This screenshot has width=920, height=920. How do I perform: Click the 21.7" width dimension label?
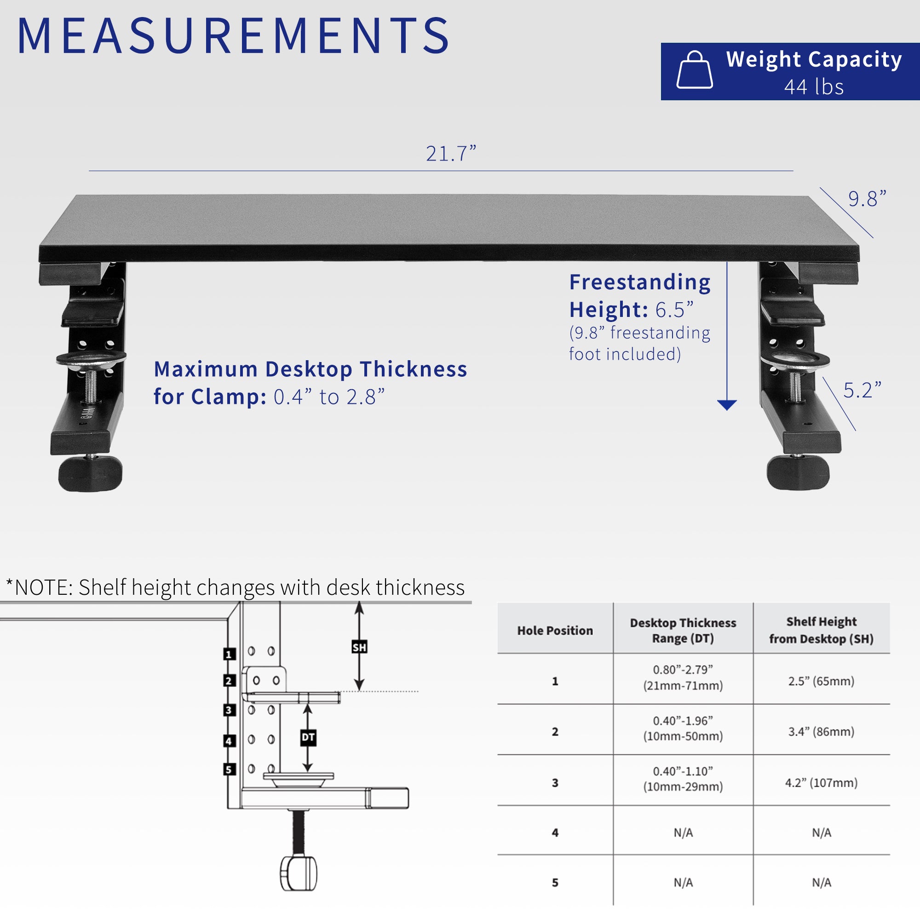click(450, 154)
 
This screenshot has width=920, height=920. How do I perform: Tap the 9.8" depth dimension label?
click(867, 199)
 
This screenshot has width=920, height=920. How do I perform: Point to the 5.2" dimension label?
click(862, 391)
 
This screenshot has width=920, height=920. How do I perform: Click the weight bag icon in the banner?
click(694, 71)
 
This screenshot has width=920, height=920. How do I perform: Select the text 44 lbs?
click(814, 87)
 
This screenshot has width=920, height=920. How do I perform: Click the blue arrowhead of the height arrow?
click(727, 405)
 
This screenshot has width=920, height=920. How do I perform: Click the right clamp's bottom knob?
click(798, 472)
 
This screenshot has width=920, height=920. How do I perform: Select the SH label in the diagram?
click(359, 647)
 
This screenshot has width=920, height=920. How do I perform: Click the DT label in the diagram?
click(308, 737)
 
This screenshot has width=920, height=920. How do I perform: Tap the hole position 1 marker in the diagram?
click(229, 654)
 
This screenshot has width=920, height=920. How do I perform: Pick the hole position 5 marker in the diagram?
click(229, 769)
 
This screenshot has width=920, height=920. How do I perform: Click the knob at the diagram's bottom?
click(298, 873)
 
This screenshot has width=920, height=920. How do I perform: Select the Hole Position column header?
click(555, 631)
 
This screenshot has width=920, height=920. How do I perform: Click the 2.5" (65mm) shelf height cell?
click(821, 681)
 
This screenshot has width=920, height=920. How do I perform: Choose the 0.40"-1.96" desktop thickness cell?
click(683, 729)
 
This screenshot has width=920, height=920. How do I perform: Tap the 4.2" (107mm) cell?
click(821, 782)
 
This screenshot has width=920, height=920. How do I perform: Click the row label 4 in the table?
click(555, 833)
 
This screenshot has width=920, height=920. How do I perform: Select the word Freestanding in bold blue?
click(639, 282)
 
